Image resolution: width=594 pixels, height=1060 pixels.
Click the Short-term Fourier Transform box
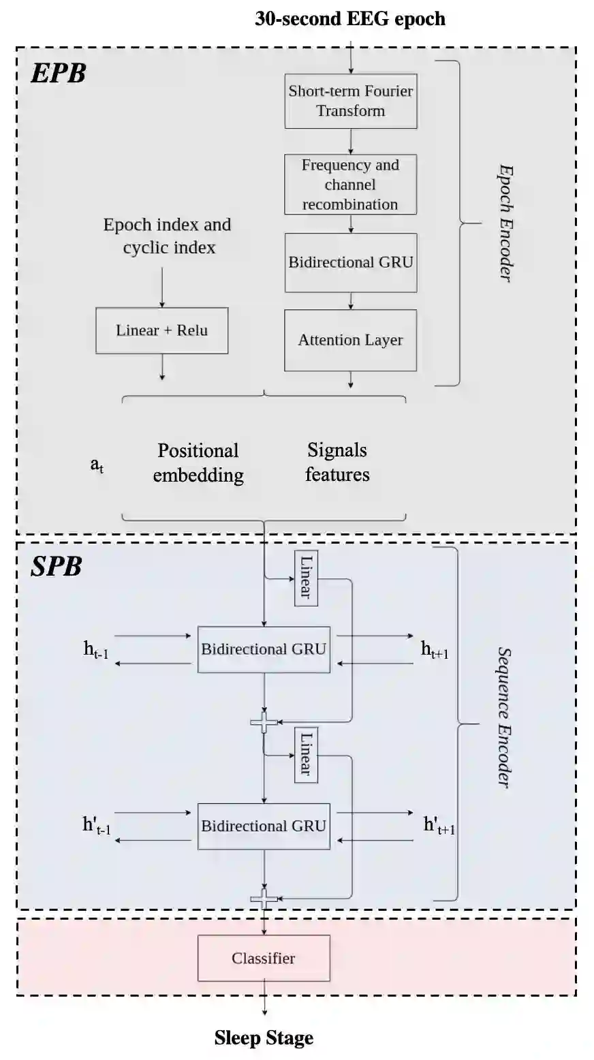coord(350,101)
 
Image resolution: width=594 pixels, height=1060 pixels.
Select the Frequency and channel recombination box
coord(350,185)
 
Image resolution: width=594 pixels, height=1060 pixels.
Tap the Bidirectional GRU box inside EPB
coord(350,262)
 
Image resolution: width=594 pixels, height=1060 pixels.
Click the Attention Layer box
coord(350,340)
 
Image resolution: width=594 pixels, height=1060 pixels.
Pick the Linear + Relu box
coord(161,331)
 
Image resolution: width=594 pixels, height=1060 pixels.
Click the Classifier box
coord(264,958)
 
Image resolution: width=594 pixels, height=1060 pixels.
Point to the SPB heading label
coord(57,567)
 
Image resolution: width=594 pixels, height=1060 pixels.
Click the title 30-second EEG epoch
coord(350,18)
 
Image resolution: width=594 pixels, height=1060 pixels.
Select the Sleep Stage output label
coord(264,1038)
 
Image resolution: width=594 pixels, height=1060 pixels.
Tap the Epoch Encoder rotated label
coord(504,223)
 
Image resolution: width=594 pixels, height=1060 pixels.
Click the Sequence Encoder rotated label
coord(504,717)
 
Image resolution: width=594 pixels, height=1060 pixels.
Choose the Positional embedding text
coord(198,463)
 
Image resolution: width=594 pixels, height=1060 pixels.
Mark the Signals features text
coord(337,462)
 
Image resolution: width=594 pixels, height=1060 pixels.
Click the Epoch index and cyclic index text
coord(168,236)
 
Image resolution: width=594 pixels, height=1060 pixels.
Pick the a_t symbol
coord(97,466)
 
